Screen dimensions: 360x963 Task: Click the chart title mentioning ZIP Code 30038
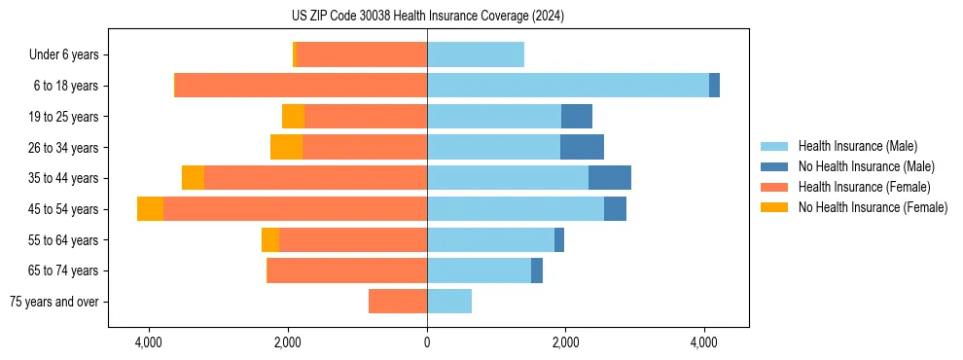click(x=427, y=17)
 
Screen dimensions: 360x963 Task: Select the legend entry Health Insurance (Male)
click(x=857, y=146)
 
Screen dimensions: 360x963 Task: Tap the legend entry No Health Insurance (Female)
click(x=873, y=207)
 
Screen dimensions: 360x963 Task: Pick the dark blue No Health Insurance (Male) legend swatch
click(x=775, y=166)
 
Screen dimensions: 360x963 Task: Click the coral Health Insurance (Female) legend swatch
click(x=775, y=187)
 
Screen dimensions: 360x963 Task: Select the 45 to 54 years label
click(x=65, y=209)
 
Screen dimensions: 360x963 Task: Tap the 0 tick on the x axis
click(x=427, y=342)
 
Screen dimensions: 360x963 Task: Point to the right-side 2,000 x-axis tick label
click(x=565, y=342)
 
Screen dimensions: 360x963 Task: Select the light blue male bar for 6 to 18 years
click(x=568, y=86)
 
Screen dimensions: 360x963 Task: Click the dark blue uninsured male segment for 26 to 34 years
click(x=582, y=147)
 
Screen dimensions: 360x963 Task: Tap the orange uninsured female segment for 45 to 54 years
click(x=150, y=209)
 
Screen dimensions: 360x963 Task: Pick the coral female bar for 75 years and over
click(x=398, y=302)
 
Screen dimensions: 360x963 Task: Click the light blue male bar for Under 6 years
click(x=476, y=54)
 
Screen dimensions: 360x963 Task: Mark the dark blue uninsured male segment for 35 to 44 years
click(x=610, y=178)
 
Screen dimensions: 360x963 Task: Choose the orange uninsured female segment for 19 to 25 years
click(x=293, y=117)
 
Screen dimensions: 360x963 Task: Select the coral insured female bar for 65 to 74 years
click(x=347, y=270)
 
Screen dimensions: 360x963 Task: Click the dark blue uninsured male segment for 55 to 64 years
click(x=559, y=240)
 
